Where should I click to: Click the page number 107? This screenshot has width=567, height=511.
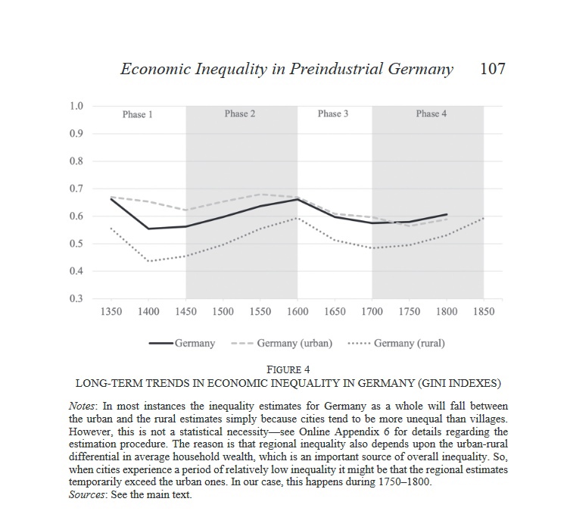(x=493, y=69)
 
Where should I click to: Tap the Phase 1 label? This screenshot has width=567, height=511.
(x=138, y=114)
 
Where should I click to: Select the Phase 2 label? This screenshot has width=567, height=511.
(x=240, y=114)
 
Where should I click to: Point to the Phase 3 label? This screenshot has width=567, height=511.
(x=333, y=114)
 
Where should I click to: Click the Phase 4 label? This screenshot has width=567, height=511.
(x=431, y=114)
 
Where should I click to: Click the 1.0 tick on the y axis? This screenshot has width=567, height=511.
(x=76, y=106)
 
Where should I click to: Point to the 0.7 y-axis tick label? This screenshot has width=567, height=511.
(x=76, y=189)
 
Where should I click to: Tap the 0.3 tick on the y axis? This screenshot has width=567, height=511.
(x=76, y=298)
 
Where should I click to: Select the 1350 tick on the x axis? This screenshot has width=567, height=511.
(x=111, y=311)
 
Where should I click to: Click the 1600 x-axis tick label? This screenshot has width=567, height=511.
(x=298, y=311)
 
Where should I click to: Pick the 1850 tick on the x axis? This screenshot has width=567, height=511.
(x=484, y=311)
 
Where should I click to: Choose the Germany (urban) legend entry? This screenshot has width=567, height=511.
(x=282, y=343)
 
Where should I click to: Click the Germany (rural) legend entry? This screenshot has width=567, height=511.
(x=397, y=343)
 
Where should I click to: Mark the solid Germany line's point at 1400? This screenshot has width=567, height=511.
(x=148, y=229)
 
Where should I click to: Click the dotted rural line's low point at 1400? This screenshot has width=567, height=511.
(x=148, y=261)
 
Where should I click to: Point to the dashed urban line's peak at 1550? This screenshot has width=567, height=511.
(x=260, y=195)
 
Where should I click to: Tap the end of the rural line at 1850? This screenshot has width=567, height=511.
(x=484, y=218)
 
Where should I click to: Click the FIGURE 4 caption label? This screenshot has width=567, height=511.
(x=288, y=369)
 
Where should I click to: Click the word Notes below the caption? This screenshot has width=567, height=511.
(x=82, y=406)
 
